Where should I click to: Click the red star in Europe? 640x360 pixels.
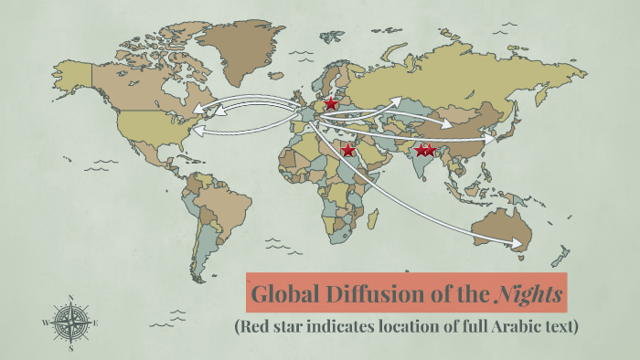331,105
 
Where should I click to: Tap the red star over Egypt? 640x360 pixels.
347,150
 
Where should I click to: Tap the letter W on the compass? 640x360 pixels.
45,323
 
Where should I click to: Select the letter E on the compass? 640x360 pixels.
95,323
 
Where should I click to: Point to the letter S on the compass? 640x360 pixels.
70,348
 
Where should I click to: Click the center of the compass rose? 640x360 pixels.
70,323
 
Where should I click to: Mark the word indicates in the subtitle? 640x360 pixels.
322,325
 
